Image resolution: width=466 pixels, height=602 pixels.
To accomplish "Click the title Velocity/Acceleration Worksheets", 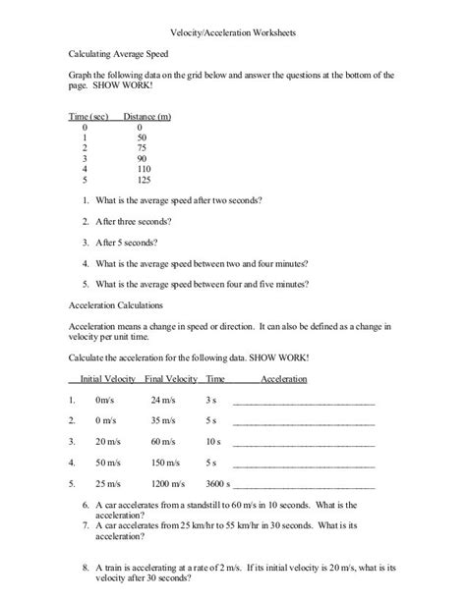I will tap(233, 31).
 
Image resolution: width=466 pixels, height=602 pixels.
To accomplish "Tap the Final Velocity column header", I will tap(169, 379).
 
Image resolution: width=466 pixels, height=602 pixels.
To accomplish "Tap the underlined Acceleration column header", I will tap(284, 379).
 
